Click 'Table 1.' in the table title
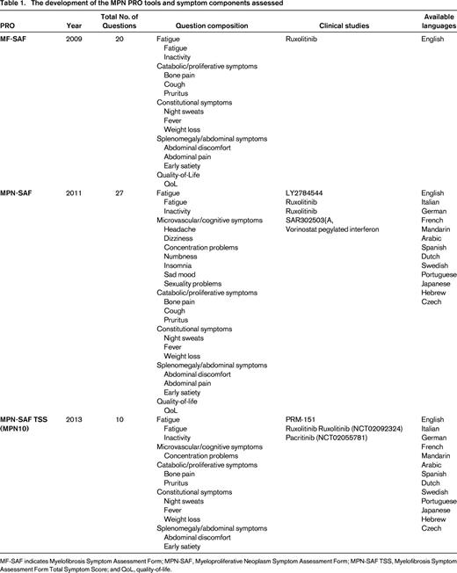click(x=16, y=6)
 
